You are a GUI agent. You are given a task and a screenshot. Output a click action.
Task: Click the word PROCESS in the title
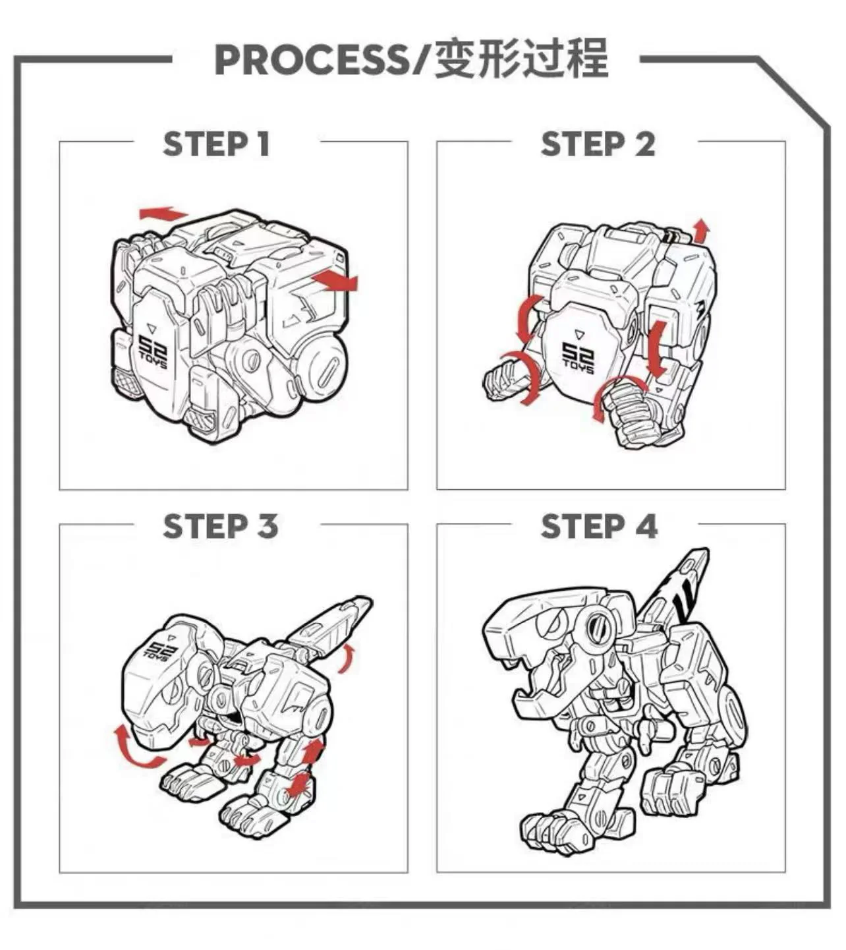pos(311,61)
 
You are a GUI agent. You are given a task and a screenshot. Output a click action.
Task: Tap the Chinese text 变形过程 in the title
pos(521,59)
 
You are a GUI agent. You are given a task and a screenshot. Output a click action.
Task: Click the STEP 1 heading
pos(217,144)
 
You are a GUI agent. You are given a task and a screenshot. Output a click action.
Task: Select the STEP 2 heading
pos(598,144)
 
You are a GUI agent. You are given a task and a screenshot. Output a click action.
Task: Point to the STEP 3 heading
pos(220,526)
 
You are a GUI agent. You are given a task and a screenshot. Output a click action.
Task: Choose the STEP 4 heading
pos(599,526)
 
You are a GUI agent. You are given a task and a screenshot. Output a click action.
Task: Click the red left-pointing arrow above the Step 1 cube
pos(163,213)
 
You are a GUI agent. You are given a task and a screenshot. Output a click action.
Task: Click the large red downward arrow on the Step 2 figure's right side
pos(658,349)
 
